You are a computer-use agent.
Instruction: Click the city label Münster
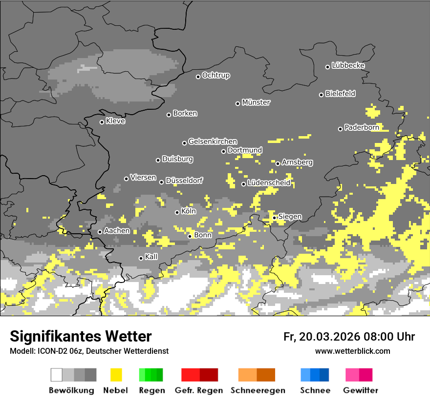[256, 102]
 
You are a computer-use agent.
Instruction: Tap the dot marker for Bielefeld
[322, 95]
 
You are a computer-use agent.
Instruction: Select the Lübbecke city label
[348, 65]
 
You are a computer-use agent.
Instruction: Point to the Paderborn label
[362, 127]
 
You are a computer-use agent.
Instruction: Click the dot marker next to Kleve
[102, 122]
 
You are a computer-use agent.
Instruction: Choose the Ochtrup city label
[216, 75]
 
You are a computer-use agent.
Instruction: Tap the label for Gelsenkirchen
[213, 142]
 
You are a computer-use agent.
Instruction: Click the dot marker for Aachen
[100, 232]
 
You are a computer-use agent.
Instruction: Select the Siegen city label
[290, 216]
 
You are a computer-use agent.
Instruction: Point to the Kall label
[151, 257]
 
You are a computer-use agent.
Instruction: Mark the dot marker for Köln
[177, 212]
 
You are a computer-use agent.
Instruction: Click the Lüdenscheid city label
[269, 183]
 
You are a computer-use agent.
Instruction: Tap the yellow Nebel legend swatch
[116, 375]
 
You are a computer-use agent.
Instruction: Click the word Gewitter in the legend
[361, 390]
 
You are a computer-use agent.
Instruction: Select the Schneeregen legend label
[258, 390]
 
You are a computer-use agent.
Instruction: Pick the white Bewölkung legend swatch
[57, 375]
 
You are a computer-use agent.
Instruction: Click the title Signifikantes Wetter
[81, 336]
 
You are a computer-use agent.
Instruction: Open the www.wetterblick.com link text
[353, 351]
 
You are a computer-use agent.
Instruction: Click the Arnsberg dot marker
[278, 163]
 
